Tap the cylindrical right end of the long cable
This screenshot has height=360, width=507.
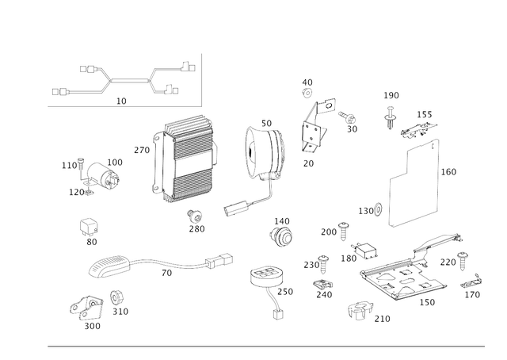click(219, 259)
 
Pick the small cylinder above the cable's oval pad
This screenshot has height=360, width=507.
click(90, 226)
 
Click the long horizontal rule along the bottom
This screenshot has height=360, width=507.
click(265, 347)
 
